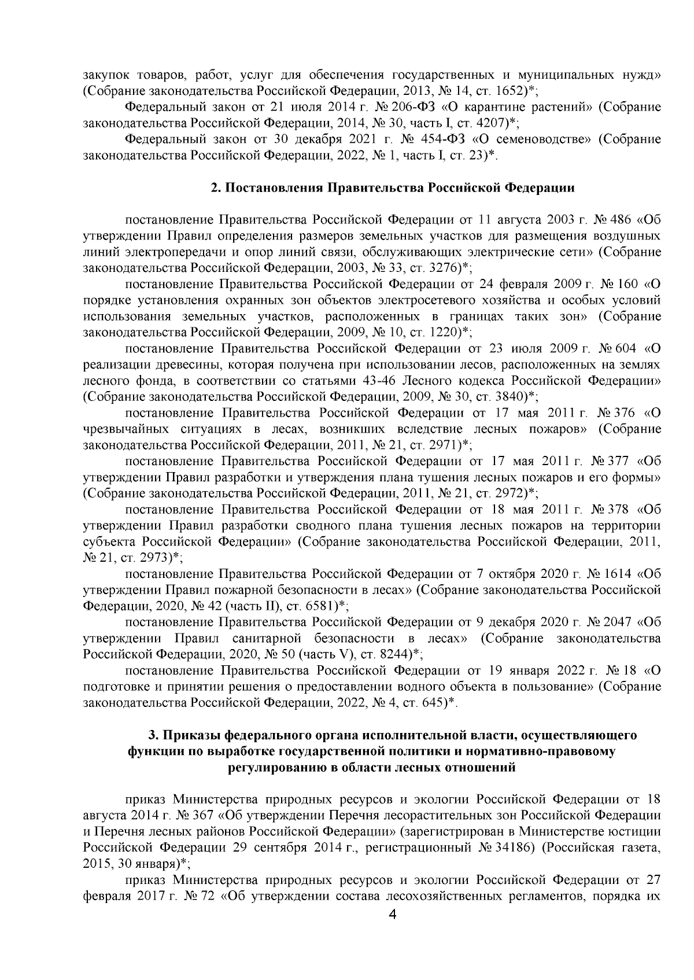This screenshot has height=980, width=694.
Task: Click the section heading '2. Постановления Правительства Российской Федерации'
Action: coord(393,188)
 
